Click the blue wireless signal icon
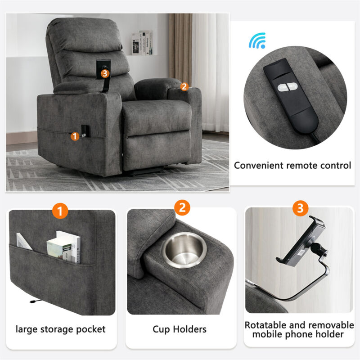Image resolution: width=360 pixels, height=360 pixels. (x=257, y=41)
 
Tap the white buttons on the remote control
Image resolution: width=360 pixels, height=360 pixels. (x=288, y=87)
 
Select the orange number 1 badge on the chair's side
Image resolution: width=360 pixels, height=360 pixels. (x=75, y=136)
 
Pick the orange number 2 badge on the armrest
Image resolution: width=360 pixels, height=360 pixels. (x=184, y=86)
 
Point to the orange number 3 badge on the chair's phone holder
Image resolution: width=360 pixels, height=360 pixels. (x=105, y=73)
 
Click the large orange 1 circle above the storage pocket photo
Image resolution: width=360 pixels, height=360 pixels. (x=60, y=211)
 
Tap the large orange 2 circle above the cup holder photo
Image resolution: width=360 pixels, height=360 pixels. (x=182, y=207)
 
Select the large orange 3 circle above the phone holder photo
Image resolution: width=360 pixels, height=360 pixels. (x=300, y=208)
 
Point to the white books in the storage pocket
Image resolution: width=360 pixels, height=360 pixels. (x=64, y=247)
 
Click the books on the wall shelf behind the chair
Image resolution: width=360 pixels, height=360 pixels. (x=142, y=43)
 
